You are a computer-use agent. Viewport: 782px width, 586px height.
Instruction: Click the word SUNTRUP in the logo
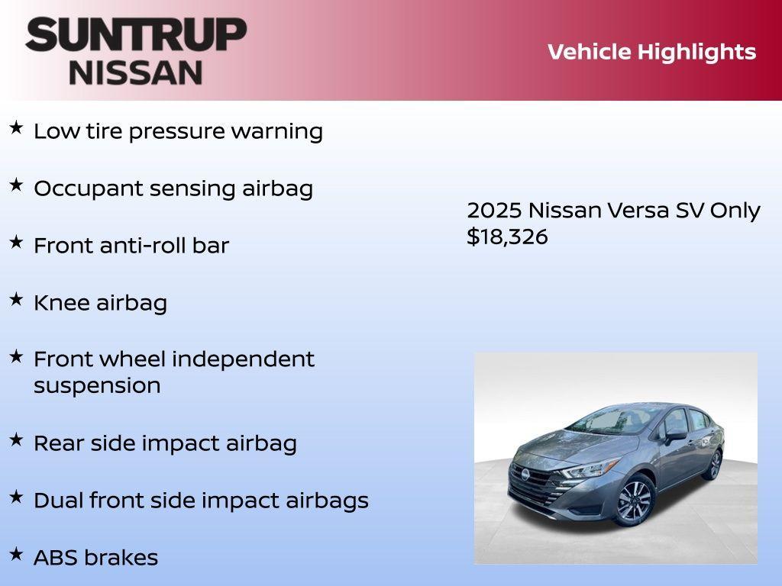[136, 34]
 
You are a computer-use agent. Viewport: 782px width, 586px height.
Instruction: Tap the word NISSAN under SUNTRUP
[136, 72]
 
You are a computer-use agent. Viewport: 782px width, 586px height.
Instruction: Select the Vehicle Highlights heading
[651, 52]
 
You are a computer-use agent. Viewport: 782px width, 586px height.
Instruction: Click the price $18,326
[507, 237]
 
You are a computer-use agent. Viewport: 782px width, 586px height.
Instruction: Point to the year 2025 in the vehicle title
[494, 211]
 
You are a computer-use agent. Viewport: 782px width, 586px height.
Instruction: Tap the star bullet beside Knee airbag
[16, 299]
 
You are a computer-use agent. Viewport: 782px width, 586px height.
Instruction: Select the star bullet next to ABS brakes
[16, 553]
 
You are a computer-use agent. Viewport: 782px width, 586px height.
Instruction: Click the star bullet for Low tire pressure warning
[16, 127]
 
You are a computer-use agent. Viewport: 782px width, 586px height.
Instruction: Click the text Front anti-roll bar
[131, 246]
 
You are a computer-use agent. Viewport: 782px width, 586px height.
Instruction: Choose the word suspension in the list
[97, 385]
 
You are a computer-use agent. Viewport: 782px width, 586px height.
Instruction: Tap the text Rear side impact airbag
[165, 443]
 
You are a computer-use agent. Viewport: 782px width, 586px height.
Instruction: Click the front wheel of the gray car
[634, 501]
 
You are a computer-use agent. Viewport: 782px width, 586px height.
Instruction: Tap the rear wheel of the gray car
[714, 464]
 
